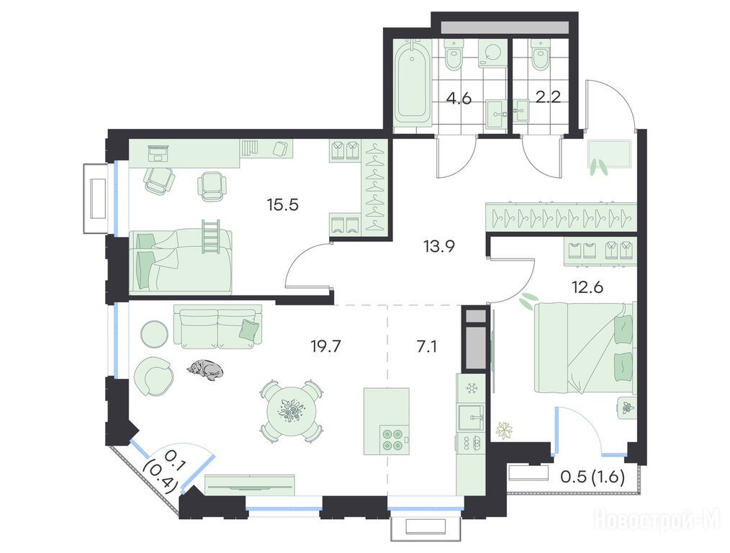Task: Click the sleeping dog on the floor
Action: [205, 369]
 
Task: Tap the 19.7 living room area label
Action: [326, 346]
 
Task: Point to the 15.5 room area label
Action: [283, 204]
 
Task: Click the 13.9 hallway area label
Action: [439, 246]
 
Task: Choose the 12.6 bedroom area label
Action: [587, 287]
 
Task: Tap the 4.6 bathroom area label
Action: [459, 99]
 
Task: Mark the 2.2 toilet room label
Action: [548, 99]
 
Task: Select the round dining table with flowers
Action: [291, 410]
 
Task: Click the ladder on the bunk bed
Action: [210, 238]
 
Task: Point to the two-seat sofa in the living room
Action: [218, 326]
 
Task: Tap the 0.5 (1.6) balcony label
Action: [592, 477]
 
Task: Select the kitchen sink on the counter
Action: [471, 418]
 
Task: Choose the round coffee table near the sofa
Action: [154, 334]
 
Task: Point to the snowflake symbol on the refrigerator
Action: [471, 388]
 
